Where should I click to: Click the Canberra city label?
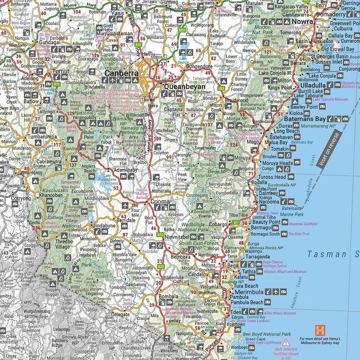(x=121, y=73)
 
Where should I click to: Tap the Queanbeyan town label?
(x=184, y=87)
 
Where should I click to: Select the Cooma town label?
(x=160, y=202)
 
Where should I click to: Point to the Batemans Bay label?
(x=305, y=119)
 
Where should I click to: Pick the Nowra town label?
(x=302, y=21)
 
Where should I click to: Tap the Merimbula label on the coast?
(x=248, y=292)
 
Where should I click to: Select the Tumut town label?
(x=60, y=71)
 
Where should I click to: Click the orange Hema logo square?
(x=320, y=330)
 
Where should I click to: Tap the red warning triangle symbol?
(x=286, y=342)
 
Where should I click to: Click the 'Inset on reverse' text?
(x=327, y=147)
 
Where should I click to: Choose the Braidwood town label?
(x=236, y=100)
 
